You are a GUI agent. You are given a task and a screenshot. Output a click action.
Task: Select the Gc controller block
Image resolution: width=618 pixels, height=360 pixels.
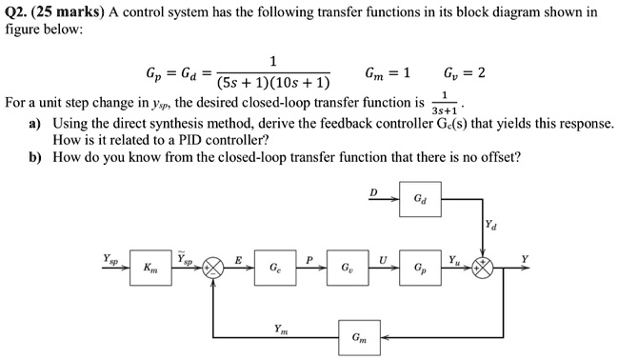coord(274,270)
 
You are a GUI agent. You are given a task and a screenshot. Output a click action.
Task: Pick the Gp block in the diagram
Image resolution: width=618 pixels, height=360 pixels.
coord(420,270)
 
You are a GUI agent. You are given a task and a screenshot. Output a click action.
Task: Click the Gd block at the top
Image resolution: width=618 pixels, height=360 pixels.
coord(420,201)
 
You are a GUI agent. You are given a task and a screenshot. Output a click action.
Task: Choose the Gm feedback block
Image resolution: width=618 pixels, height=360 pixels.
coord(356,336)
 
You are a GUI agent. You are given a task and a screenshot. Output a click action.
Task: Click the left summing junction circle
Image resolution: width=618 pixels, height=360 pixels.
coord(214,270)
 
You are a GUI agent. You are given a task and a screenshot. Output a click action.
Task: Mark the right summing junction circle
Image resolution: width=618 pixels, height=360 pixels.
coord(485,270)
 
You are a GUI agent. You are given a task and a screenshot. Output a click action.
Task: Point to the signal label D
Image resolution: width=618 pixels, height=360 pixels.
coord(374,192)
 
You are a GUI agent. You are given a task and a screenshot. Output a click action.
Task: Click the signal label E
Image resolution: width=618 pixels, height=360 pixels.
coord(238,259)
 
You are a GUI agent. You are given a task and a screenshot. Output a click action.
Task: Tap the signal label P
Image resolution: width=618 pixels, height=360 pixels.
coord(309,259)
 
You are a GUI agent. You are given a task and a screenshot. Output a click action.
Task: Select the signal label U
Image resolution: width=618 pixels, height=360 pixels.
coord(382,259)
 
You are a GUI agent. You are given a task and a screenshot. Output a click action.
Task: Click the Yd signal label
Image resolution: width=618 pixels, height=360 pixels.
coord(490,227)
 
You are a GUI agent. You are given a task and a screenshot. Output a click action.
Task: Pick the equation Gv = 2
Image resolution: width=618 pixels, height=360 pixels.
coord(466,73)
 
